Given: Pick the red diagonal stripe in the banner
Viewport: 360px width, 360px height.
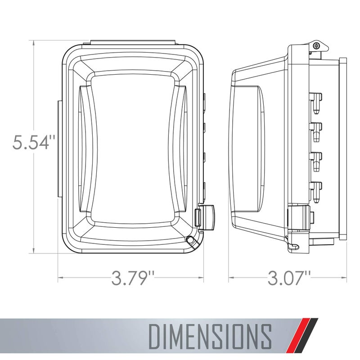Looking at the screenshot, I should [301, 335].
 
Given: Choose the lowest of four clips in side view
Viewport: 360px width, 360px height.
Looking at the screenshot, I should [316, 188].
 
